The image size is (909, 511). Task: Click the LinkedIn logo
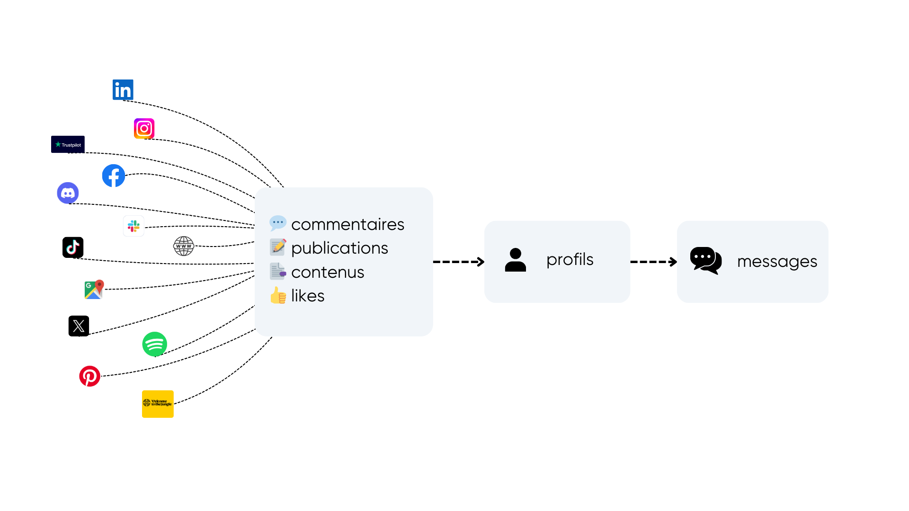click(x=123, y=89)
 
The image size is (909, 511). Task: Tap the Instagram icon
click(x=144, y=128)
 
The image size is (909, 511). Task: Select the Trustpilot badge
click(x=68, y=144)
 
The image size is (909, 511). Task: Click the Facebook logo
click(x=114, y=176)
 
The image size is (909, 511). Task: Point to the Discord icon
click(x=68, y=193)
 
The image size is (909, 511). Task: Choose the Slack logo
click(x=134, y=226)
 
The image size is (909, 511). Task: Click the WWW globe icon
click(x=184, y=246)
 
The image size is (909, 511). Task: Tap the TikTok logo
click(x=73, y=247)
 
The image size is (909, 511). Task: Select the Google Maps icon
click(x=94, y=290)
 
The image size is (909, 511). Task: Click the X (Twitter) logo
click(x=79, y=326)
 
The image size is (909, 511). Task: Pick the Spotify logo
click(x=155, y=344)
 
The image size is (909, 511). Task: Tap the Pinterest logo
click(x=89, y=376)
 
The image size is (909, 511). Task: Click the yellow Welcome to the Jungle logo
click(x=158, y=404)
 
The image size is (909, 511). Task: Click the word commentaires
click(x=348, y=224)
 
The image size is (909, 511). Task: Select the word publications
click(x=339, y=248)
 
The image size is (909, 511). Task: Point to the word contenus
click(x=328, y=273)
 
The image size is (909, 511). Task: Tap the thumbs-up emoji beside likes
click(x=278, y=295)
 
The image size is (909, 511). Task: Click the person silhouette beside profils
click(x=516, y=260)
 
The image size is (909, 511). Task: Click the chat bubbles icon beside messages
click(x=706, y=260)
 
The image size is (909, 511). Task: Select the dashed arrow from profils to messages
click(x=654, y=262)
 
